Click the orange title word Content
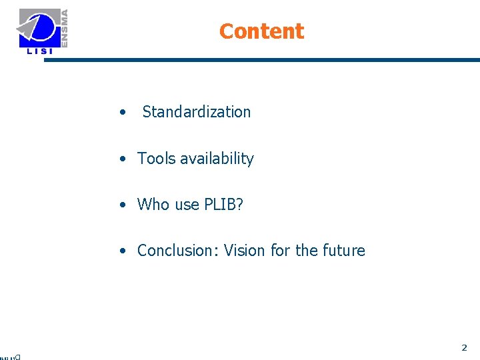click(261, 31)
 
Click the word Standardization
click(197, 112)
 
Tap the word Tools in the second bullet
click(155, 159)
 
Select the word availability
click(215, 159)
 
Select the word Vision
click(245, 251)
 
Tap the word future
click(343, 251)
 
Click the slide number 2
click(464, 347)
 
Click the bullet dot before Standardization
click(123, 113)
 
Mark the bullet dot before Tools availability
click(123, 159)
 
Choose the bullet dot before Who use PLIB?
click(123, 205)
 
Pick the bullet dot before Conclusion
click(123, 251)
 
